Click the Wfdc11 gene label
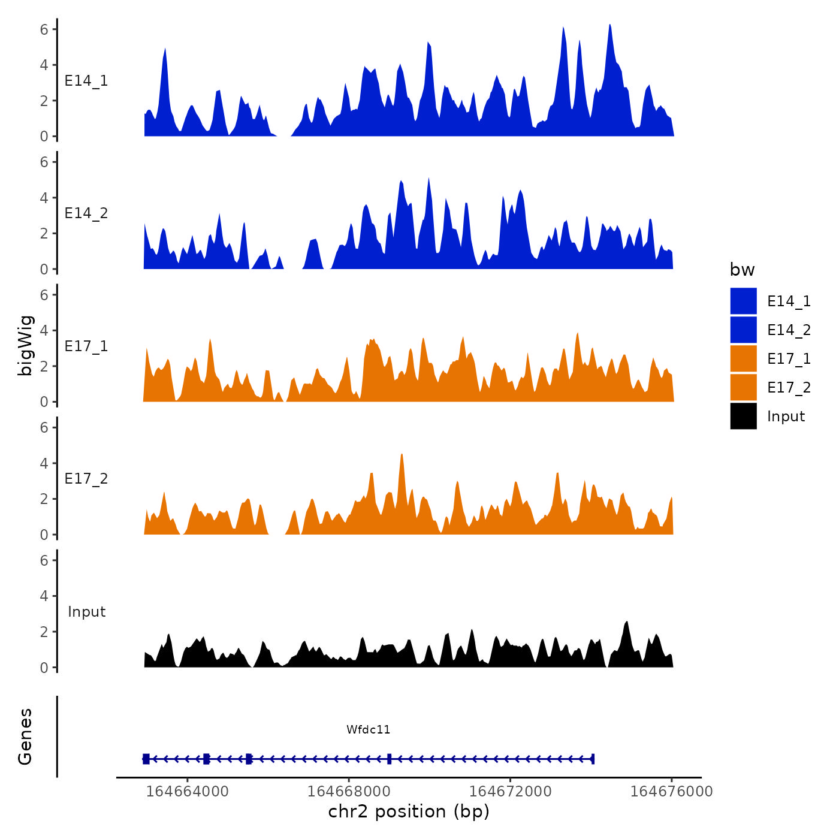(368, 729)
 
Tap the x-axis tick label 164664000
(187, 791)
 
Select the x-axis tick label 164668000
(349, 791)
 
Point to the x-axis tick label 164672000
(510, 791)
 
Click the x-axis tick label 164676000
(671, 791)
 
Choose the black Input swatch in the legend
(743, 416)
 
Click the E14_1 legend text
(789, 301)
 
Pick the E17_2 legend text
(789, 387)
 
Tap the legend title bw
(742, 270)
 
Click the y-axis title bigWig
(25, 345)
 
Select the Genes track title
(25, 737)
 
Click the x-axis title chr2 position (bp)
(409, 811)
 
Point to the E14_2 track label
(86, 213)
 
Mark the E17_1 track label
(86, 346)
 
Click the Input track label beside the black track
(86, 611)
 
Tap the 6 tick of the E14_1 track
(44, 29)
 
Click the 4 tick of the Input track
(44, 596)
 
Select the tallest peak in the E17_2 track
(402, 455)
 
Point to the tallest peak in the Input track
(627, 623)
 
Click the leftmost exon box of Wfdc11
(146, 759)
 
